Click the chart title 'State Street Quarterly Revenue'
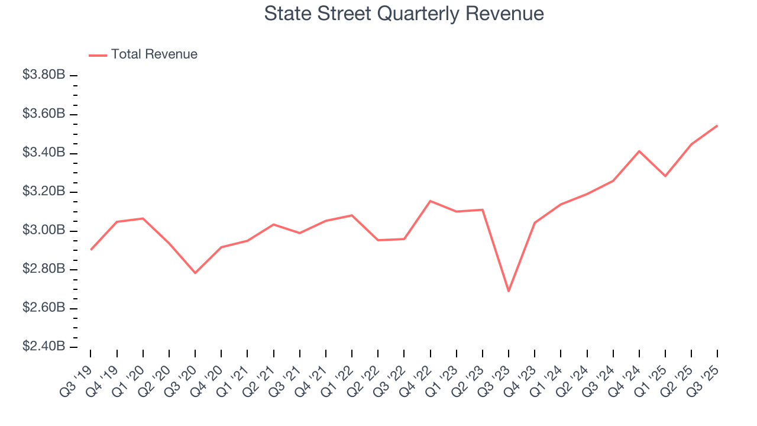404,14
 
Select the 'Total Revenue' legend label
154,54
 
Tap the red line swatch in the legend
98,55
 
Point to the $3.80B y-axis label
44,75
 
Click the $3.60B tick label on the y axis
44,114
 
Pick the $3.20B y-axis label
44,192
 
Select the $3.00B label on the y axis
44,231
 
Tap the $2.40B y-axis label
44,347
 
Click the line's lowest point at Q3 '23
509,291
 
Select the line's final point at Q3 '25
717,125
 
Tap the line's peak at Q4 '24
639,151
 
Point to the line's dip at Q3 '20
195,273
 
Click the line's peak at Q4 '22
430,201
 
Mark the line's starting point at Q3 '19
90,250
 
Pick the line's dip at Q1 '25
665,176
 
